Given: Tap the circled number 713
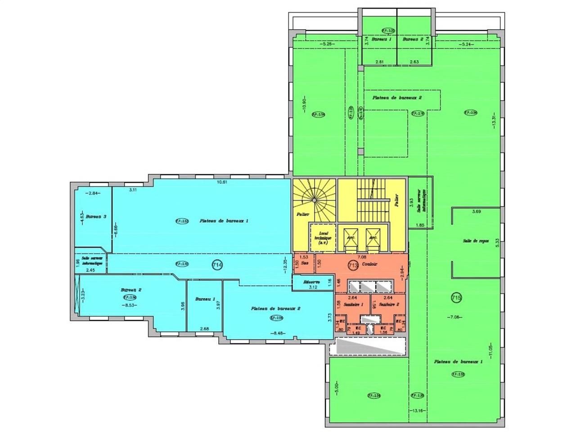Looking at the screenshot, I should coord(353,265).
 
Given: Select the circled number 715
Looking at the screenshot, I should coord(456,297).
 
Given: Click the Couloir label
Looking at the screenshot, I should coord(369,265).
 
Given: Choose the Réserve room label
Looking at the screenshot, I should coord(311,282).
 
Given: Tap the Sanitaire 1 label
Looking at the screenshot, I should coord(353,305).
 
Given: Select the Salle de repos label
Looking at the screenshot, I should coord(476,241).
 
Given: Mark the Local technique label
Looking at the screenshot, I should coord(323,238).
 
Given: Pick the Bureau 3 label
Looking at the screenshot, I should coord(96,216).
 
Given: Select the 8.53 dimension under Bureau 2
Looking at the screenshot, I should coord(128,305).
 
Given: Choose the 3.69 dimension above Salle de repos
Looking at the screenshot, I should coord(477,211).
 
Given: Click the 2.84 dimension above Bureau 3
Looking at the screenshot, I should coord(93,193).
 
